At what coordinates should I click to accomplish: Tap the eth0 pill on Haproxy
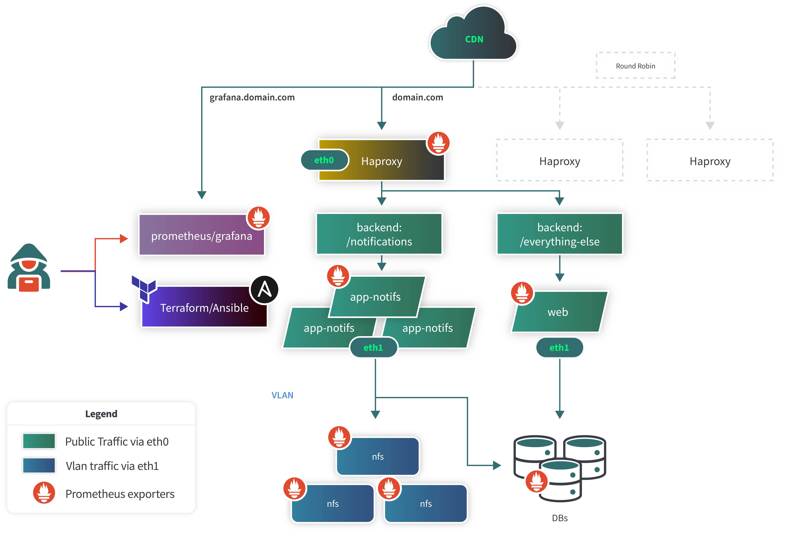pos(324,160)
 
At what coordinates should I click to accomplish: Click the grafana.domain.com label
pos(252,97)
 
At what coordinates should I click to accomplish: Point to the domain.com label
pos(417,97)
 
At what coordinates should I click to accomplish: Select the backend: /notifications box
pos(379,234)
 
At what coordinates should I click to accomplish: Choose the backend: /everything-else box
pos(559,234)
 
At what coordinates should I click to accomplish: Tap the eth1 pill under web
pos(559,347)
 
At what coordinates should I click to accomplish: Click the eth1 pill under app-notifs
pos(373,347)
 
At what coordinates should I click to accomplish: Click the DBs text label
pos(559,518)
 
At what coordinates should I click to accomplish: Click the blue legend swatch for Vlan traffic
pos(39,466)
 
